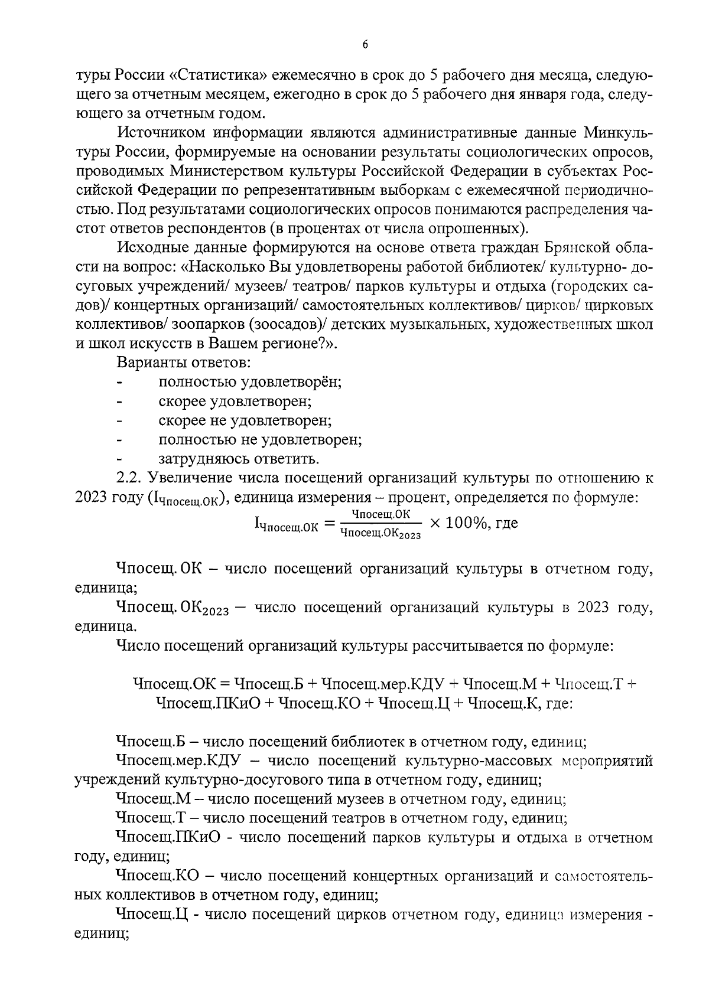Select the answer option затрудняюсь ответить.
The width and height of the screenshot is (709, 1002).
pyautogui.click(x=239, y=458)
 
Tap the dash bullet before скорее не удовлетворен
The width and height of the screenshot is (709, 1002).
pyautogui.click(x=120, y=420)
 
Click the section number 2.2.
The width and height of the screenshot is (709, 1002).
pyautogui.click(x=129, y=478)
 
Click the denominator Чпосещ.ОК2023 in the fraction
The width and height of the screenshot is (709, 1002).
pyautogui.click(x=380, y=533)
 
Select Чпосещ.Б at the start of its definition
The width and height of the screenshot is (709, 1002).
pyautogui.click(x=151, y=742)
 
